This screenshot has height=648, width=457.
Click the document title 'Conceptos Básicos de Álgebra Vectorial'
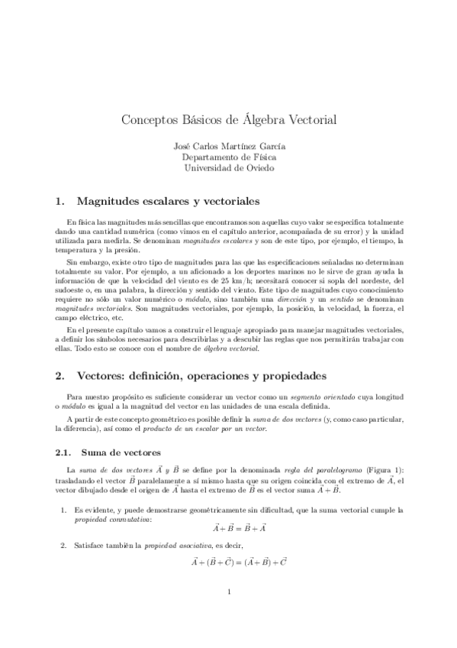coord(229,121)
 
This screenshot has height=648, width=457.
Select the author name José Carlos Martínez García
coord(229,146)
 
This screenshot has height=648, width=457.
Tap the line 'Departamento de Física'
coord(229,157)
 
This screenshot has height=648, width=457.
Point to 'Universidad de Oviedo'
coord(229,167)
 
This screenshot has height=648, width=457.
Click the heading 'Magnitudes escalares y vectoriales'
coord(168,202)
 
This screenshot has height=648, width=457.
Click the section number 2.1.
coord(65,452)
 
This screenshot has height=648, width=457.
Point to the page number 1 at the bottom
coord(229,612)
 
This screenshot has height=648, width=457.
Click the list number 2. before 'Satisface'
coord(63,548)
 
